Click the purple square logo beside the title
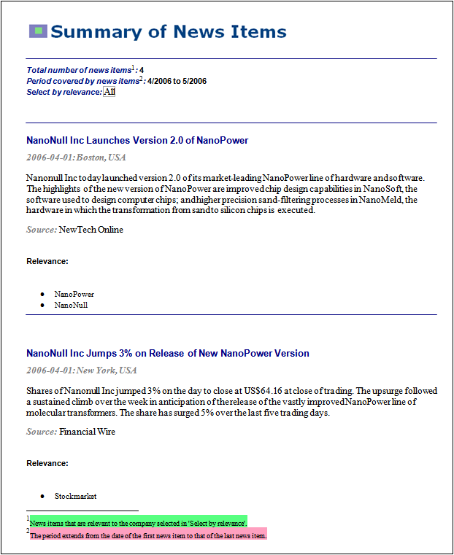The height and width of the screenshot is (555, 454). click(38, 31)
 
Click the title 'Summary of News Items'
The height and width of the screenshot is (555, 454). click(169, 32)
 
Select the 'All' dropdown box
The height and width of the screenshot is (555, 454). click(109, 92)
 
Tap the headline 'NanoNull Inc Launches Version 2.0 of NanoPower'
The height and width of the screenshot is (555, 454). click(137, 140)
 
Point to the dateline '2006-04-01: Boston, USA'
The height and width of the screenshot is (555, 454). click(76, 158)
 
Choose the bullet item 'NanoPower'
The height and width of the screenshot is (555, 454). click(74, 294)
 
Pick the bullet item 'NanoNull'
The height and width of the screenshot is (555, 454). click(71, 305)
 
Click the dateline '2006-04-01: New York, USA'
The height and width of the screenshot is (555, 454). click(82, 370)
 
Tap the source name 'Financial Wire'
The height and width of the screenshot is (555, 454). click(88, 432)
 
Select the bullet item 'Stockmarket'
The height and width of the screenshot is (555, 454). click(76, 496)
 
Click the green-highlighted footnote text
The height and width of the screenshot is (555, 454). click(139, 523)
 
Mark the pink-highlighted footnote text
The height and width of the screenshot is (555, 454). click(148, 535)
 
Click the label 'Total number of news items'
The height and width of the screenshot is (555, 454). click(78, 70)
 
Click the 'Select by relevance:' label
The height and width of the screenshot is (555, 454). click(64, 92)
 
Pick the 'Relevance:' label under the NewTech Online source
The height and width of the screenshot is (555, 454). click(47, 261)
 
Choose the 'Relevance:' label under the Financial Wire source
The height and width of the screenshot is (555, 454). click(47, 463)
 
